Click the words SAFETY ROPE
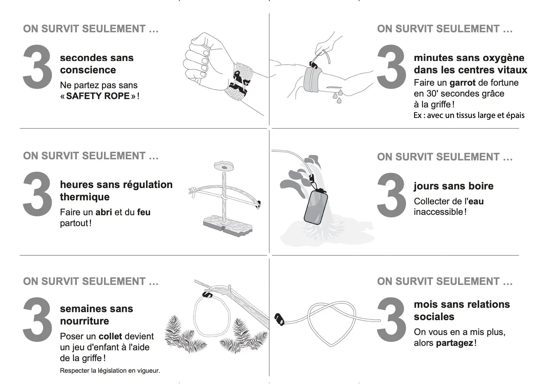pos(98,96)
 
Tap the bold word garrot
pos(462,83)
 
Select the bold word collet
pos(111,336)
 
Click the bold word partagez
pos(455,343)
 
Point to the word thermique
pos(84,197)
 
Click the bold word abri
pos(104,212)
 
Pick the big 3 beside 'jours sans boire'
pos(391,195)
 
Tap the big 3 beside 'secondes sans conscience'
pos(37,67)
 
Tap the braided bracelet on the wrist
pos(239,81)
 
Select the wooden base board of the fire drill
pos(228,226)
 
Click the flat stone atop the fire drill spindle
pos(224,167)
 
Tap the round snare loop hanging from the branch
pos(194,316)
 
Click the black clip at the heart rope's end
pos(279,319)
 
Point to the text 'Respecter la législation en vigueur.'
pos(110,371)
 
